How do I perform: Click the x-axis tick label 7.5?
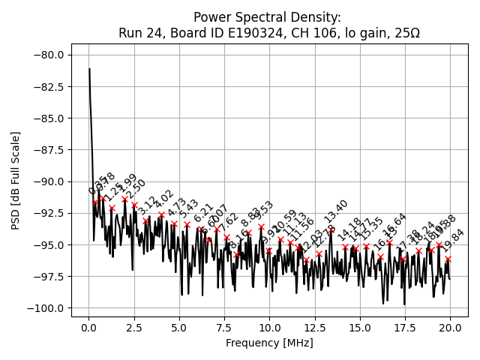179,328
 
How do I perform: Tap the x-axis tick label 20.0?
450,328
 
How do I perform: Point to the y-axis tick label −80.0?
51,55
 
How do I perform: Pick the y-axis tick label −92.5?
51,213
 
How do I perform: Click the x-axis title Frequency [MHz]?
269,343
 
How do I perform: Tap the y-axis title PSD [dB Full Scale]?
16,180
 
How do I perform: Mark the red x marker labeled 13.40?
331,231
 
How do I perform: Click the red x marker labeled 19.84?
448,259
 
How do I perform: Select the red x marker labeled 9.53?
261,226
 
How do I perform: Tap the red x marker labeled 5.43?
187,224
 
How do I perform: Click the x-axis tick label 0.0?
89,328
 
